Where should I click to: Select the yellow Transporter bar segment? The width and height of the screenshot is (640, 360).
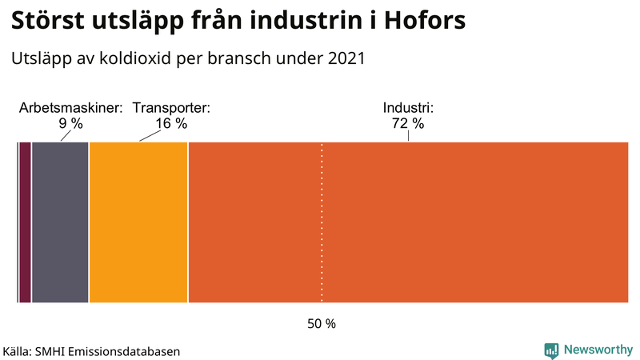point(138,222)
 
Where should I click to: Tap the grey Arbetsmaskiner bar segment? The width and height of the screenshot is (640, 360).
point(60,222)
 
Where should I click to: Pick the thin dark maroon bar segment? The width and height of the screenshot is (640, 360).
point(25,222)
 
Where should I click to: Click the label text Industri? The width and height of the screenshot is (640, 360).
point(407,108)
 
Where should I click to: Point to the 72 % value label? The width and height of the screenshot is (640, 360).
point(407,124)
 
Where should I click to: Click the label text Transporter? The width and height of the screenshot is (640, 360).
point(171,108)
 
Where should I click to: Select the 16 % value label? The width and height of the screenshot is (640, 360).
point(171,124)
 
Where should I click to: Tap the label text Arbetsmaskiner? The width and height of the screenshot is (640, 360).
point(71,108)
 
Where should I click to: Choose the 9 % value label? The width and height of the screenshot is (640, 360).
point(70,124)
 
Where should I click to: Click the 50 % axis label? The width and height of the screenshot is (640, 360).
point(322,324)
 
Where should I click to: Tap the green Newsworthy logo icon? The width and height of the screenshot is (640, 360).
point(551,350)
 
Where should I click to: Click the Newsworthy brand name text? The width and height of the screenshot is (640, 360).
point(598,350)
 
